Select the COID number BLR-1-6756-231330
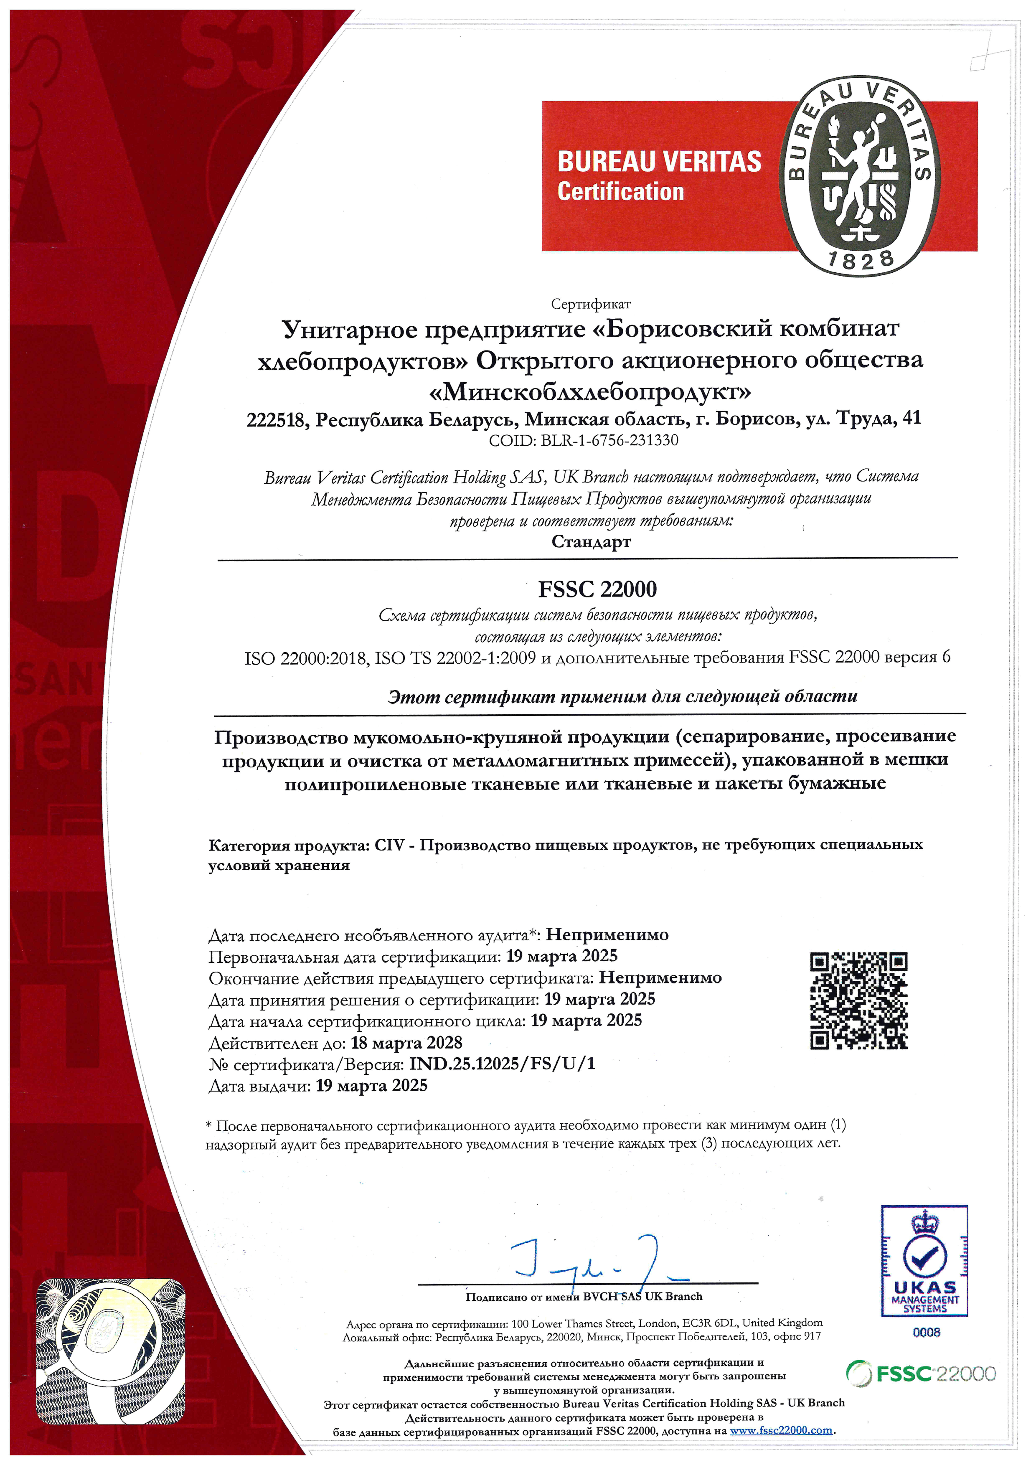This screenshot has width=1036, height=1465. pyautogui.click(x=609, y=440)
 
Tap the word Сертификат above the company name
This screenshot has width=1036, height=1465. pyautogui.click(x=591, y=305)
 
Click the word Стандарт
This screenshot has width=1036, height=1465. pyautogui.click(x=591, y=542)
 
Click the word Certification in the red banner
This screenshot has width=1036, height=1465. pyautogui.click(x=620, y=191)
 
